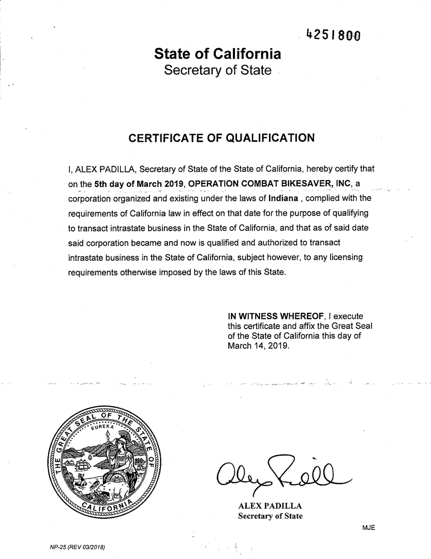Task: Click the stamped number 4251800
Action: (333, 35)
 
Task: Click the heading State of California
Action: (217, 54)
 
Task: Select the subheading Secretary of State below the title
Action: (217, 70)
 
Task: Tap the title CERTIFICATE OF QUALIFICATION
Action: (221, 138)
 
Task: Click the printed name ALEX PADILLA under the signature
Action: (269, 506)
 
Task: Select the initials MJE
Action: (368, 527)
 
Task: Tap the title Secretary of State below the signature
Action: (270, 516)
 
